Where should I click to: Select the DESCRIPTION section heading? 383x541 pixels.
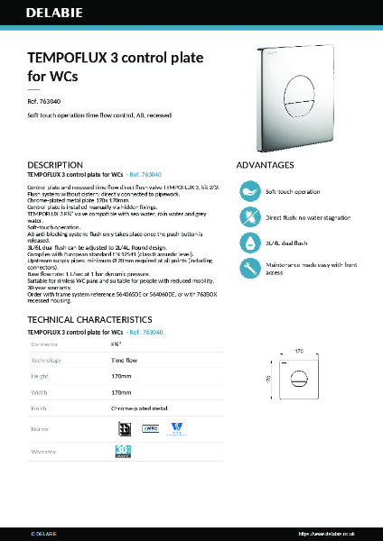click(x=55, y=165)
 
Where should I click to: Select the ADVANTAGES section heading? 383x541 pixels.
click(x=265, y=165)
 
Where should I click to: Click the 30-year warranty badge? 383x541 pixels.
click(x=125, y=450)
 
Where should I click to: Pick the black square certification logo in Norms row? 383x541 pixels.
click(x=126, y=428)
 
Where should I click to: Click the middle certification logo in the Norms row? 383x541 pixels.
click(x=150, y=428)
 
